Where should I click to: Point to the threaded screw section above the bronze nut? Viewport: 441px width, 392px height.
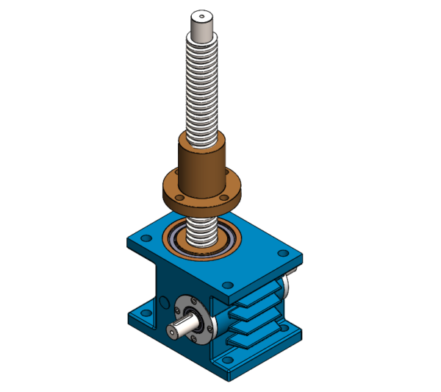pyautogui.click(x=202, y=88)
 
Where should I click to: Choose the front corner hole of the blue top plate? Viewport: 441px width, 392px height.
pyautogui.click(x=228, y=285)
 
